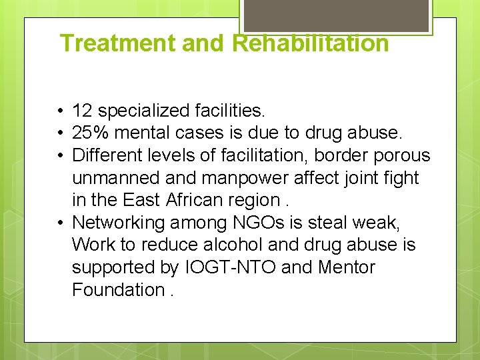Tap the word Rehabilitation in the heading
coord(310,43)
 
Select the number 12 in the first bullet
coord(82,109)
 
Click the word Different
coord(103,155)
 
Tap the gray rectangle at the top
coord(336,15)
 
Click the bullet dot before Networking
coord(60,223)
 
